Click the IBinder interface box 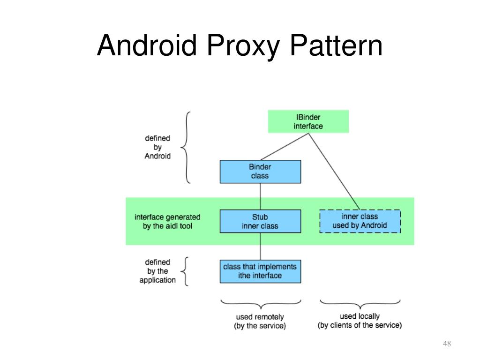tap(308, 121)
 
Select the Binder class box tap(260, 172)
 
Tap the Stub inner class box tap(260, 221)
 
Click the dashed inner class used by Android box tap(360, 221)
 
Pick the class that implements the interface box tap(260, 271)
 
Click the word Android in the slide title tap(147, 46)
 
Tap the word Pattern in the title tap(336, 46)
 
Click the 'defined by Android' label tap(157, 147)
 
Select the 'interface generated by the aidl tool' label tap(167, 221)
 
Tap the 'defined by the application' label tap(157, 271)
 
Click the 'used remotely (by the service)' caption tap(260, 322)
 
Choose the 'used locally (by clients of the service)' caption tap(360, 321)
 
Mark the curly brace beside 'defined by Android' tap(187, 147)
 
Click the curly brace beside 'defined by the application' tap(186, 271)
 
